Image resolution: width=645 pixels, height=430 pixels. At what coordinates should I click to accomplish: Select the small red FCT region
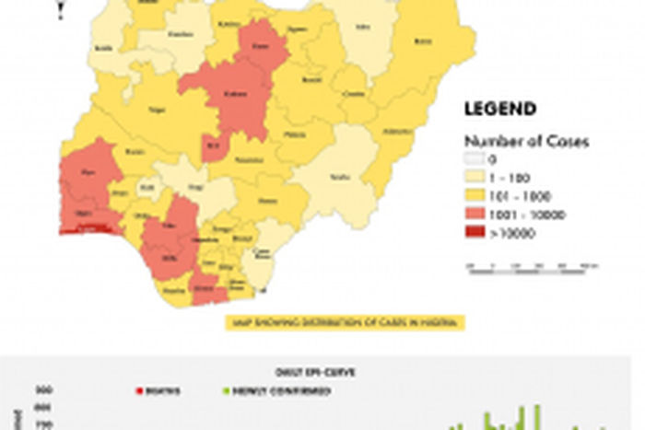tap(215, 145)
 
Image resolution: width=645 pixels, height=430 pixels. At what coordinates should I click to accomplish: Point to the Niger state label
tap(157, 110)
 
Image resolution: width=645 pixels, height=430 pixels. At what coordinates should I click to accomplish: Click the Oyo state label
tap(88, 171)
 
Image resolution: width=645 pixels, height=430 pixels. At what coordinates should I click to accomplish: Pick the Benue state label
tap(267, 200)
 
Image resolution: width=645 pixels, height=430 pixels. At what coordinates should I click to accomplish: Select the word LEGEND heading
tap(499, 110)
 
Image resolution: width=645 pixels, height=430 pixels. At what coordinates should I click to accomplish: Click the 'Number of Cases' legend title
tap(526, 142)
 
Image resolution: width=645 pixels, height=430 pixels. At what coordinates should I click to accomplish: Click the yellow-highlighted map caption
tap(346, 322)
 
